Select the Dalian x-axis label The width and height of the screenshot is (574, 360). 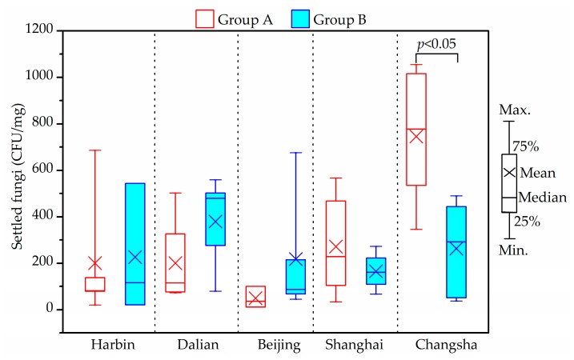click(x=196, y=346)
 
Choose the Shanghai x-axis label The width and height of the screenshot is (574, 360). click(x=355, y=346)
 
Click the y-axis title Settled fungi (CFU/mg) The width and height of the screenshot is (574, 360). click(x=17, y=170)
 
